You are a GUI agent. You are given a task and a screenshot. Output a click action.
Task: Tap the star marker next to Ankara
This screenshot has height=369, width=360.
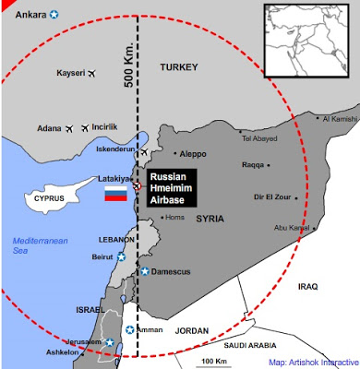(x=54, y=14)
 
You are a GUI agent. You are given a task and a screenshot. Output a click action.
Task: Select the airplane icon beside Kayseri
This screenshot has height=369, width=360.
(x=90, y=72)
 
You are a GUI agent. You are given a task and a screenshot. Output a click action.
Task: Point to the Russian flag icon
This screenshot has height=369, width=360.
(x=115, y=194)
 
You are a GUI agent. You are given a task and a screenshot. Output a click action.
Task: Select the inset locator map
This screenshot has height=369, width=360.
(x=308, y=40)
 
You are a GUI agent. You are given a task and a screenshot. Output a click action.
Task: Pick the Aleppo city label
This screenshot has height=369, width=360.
(x=198, y=153)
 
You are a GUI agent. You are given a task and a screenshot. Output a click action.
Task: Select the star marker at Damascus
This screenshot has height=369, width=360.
(x=145, y=270)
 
